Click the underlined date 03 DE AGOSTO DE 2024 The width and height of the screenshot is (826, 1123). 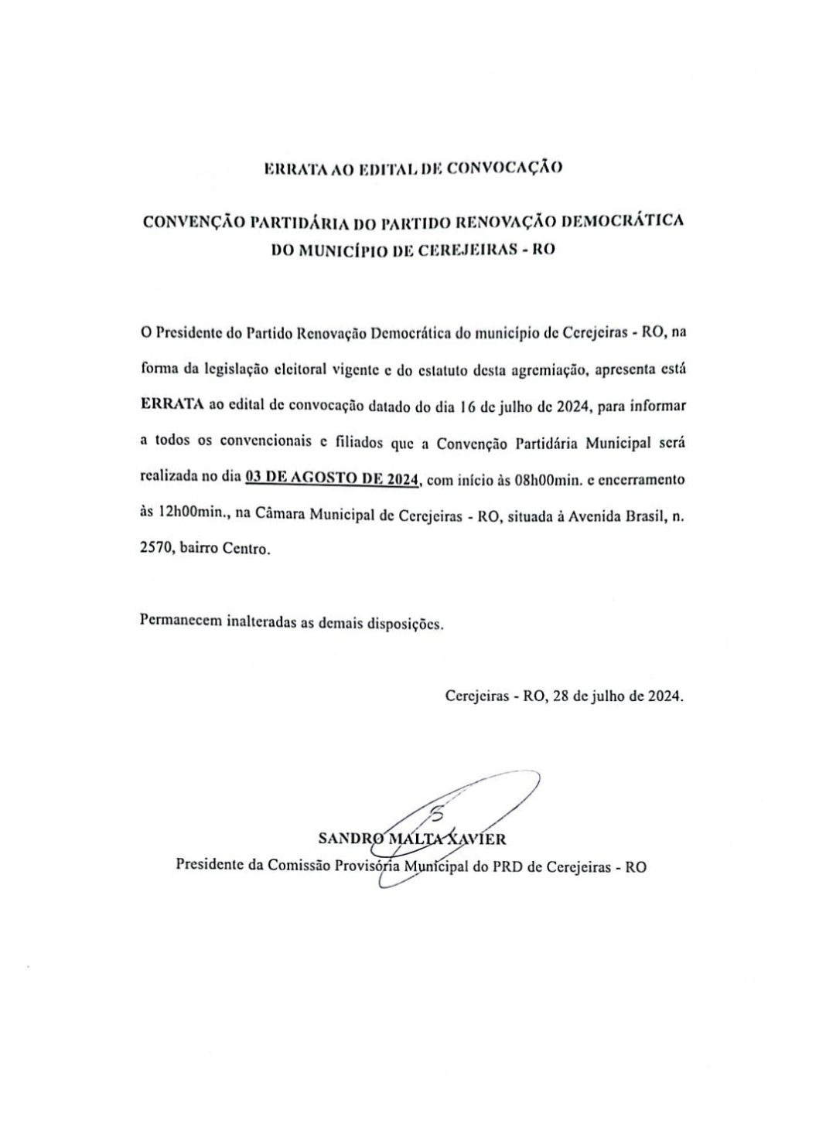(x=331, y=479)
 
